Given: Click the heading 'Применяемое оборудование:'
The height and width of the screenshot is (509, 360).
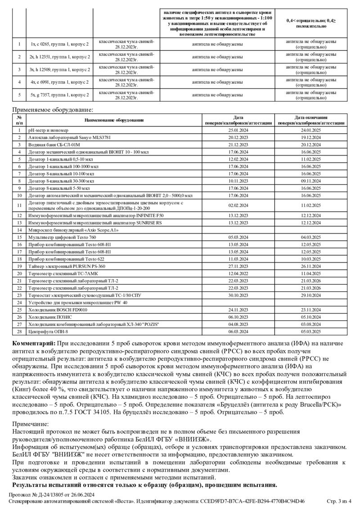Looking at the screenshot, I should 53,109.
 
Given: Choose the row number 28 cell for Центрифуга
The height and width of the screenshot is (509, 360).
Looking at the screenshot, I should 19,332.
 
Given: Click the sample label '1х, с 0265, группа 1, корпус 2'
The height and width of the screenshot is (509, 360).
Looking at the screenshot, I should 59,45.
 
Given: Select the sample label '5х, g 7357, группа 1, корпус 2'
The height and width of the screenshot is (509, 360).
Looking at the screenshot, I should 59,95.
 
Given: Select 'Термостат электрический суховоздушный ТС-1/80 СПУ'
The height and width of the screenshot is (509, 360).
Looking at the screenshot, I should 85,295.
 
